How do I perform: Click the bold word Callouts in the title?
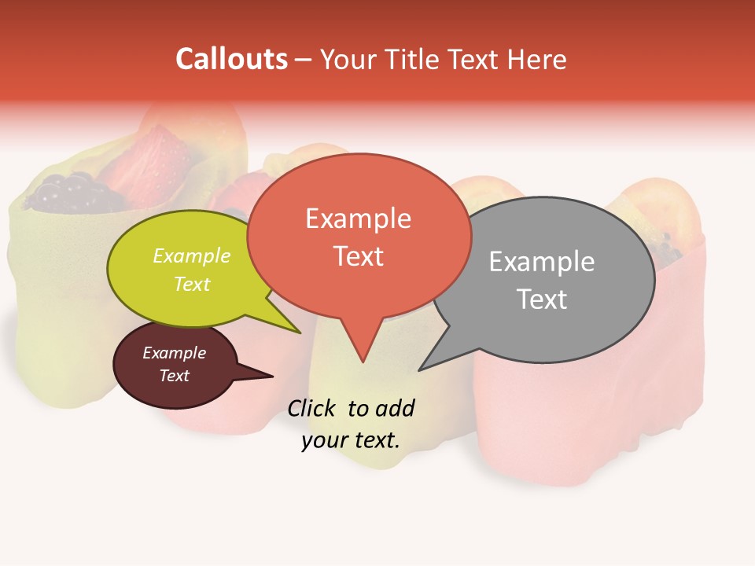pos(231,59)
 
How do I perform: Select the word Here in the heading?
pos(536,59)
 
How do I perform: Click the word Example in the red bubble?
pos(358,219)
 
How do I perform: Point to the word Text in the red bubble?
pos(358,256)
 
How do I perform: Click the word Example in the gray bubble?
pos(541,262)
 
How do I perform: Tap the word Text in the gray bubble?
pos(541,300)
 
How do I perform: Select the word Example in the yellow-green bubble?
pos(192,256)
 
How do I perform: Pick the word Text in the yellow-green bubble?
pos(192,284)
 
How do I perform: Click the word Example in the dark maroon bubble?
pos(174,353)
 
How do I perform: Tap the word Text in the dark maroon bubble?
pos(174,376)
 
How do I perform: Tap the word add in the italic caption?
pos(396,408)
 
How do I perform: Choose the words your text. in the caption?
pos(351,440)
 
